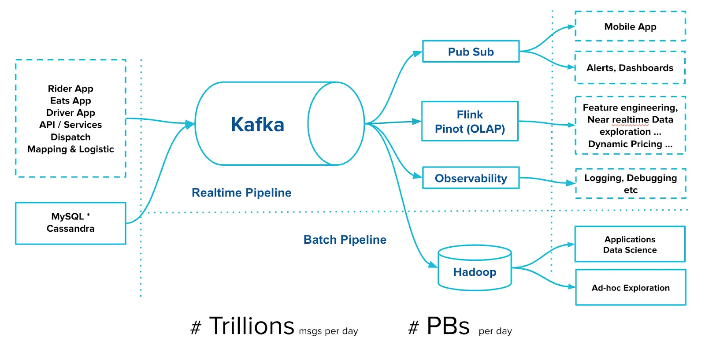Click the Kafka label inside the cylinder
click(x=257, y=125)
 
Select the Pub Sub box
click(x=471, y=52)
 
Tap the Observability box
click(x=471, y=178)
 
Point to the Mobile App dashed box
click(x=630, y=26)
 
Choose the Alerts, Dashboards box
click(x=630, y=68)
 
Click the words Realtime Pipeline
click(x=241, y=193)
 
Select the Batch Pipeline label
click(x=345, y=240)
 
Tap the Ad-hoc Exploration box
click(x=631, y=288)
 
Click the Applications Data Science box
click(x=630, y=245)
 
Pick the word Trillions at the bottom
click(x=252, y=326)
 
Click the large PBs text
click(x=448, y=326)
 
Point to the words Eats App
click(x=70, y=101)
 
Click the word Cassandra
click(x=70, y=229)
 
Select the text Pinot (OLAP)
click(x=470, y=129)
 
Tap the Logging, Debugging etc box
click(x=631, y=184)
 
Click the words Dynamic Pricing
click(x=625, y=144)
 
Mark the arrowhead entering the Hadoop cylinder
click(x=433, y=265)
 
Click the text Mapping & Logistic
click(x=70, y=149)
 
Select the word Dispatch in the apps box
click(x=70, y=137)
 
